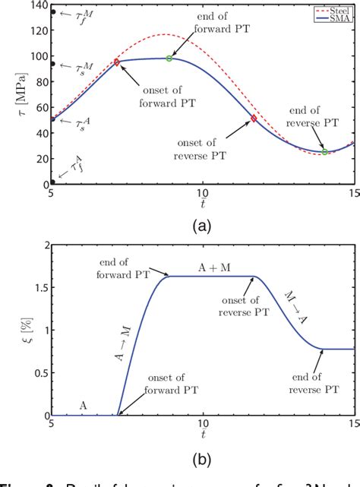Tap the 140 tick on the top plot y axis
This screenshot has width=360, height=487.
(x=36, y=5)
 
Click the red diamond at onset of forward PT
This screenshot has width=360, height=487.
(x=116, y=62)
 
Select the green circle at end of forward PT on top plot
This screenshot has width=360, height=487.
(x=169, y=59)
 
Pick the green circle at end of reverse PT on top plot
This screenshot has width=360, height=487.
(x=324, y=152)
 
